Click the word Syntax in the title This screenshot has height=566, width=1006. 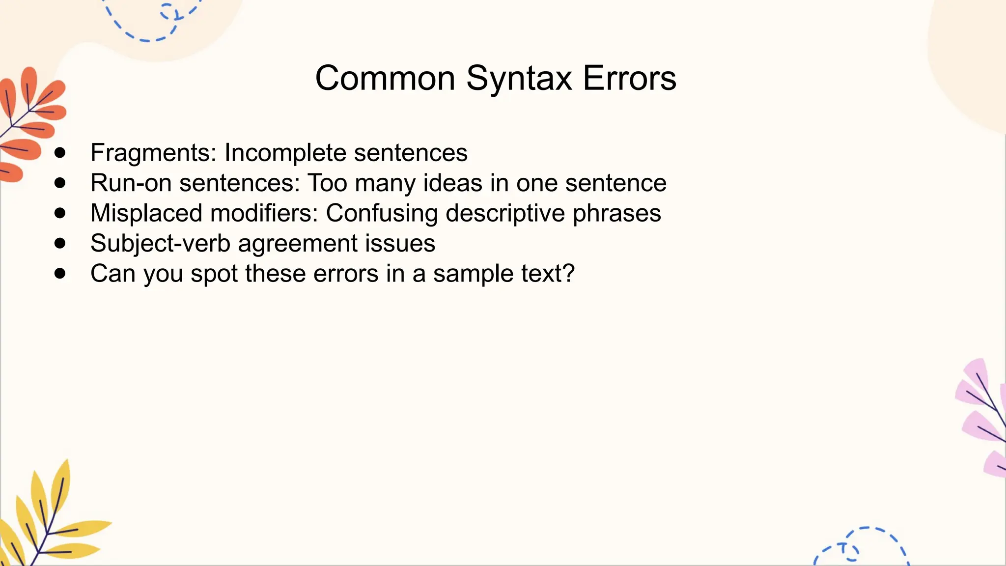click(x=519, y=79)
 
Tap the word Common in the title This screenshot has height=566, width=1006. click(x=385, y=79)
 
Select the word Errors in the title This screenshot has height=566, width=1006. click(x=630, y=79)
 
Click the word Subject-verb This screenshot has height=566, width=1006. click(x=160, y=243)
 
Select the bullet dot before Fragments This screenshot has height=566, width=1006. click(x=60, y=153)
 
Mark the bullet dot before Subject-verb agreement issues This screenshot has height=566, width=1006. click(x=60, y=243)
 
